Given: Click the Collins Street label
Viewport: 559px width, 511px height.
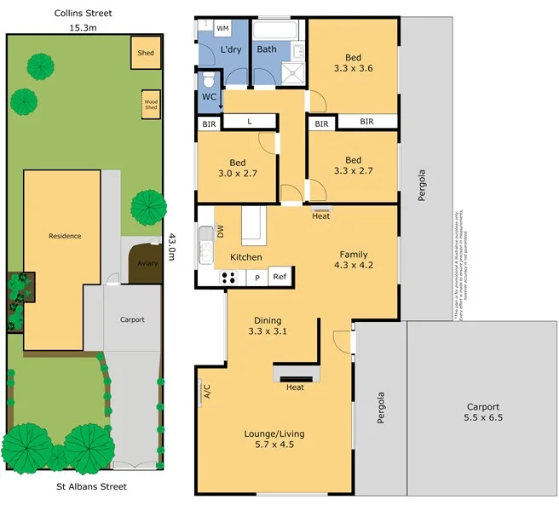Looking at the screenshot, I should coord(83,14).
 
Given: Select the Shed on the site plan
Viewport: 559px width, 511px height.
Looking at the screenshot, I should coord(146,53).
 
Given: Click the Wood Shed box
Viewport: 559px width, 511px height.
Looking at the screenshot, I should coord(151,105).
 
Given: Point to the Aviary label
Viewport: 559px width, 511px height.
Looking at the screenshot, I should coord(147,263).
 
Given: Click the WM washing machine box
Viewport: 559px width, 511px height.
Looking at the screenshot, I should coord(222,28).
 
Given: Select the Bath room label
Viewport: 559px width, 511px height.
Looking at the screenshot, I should coord(267,49).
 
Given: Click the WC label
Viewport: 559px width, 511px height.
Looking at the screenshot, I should coord(209,97).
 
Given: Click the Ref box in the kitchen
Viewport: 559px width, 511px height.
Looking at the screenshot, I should coord(279,277).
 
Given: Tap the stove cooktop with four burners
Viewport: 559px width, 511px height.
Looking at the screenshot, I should coord(228,277).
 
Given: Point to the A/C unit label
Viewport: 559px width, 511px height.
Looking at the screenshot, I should coord(206,392).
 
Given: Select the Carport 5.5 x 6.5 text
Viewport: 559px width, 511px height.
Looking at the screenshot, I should coord(482,413).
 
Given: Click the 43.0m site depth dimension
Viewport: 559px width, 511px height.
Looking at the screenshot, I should coord(173,249).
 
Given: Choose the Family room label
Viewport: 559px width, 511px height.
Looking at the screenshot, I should coord(354,255).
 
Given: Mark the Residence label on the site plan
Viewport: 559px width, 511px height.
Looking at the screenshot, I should coord(65,236).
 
